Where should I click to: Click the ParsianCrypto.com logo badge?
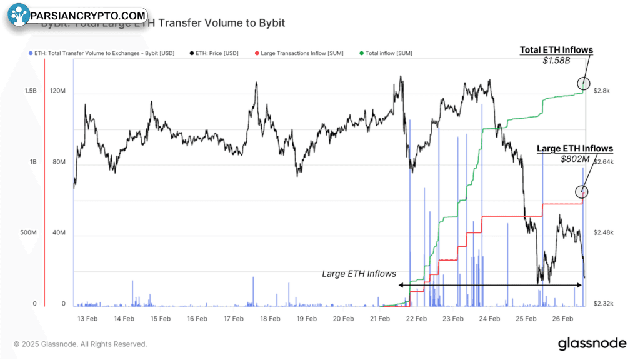[x=78, y=15]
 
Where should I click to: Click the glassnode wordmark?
[x=591, y=343]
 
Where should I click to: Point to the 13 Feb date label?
[x=87, y=319]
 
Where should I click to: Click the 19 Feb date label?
[x=307, y=319]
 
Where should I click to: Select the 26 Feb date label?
[x=562, y=319]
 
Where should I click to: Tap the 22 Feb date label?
[x=416, y=319]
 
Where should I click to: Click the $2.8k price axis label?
[x=601, y=91]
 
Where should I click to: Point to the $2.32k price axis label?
[x=603, y=304]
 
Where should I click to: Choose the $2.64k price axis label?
[x=603, y=162]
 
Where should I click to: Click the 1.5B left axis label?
[x=31, y=91]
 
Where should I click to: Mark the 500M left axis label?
[x=27, y=233]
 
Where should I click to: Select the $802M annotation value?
[x=575, y=159]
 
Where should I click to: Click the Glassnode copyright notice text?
[x=81, y=344]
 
